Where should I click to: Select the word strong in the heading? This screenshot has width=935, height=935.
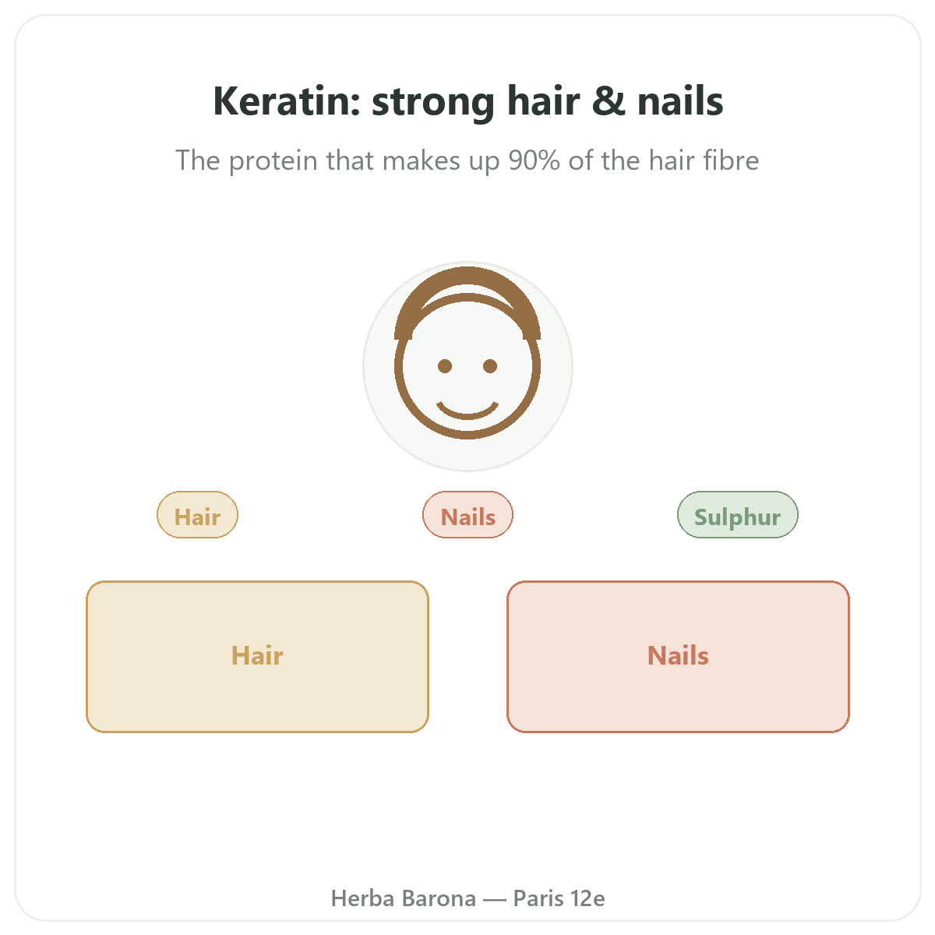click(432, 104)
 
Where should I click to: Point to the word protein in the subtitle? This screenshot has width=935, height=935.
click(273, 161)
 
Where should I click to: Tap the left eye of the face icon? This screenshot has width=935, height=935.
click(444, 366)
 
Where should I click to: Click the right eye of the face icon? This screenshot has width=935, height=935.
click(490, 366)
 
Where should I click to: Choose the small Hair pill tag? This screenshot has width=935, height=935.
click(197, 515)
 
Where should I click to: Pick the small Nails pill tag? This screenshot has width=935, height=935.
click(467, 515)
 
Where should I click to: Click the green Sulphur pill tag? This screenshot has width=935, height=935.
click(738, 515)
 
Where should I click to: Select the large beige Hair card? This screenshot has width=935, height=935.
click(257, 657)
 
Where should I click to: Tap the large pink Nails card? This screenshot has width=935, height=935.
click(679, 657)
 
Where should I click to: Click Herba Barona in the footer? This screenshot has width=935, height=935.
click(403, 898)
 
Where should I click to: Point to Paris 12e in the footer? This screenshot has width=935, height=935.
click(559, 898)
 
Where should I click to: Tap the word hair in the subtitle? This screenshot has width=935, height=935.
click(668, 160)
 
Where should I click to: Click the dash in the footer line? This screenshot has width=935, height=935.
click(495, 900)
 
